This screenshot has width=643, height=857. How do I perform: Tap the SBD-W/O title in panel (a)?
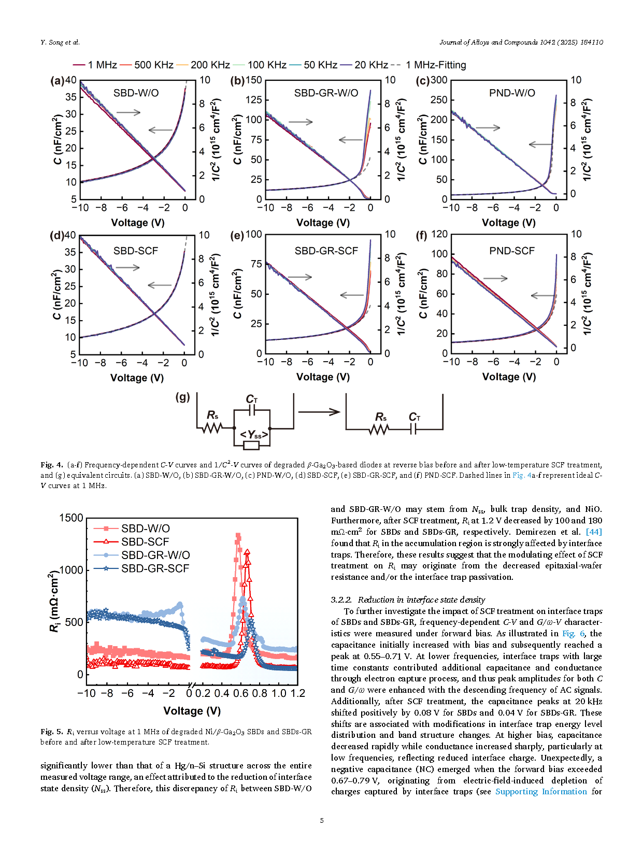click(x=136, y=93)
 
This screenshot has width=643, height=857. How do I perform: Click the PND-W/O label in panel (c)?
click(x=512, y=93)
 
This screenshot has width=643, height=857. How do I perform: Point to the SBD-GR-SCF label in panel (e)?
click(x=326, y=251)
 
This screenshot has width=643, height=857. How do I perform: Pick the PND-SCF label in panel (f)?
click(x=512, y=251)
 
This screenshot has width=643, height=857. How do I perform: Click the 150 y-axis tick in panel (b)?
click(x=254, y=80)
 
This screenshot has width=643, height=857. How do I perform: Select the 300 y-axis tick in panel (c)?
click(x=439, y=80)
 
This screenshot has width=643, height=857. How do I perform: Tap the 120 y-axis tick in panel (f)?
click(x=439, y=234)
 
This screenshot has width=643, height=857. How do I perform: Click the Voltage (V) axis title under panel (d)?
click(x=137, y=378)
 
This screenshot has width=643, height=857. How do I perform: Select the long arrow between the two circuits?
click(x=319, y=412)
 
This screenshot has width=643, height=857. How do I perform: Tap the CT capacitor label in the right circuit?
click(x=415, y=417)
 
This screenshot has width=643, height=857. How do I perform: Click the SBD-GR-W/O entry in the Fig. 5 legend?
click(x=155, y=555)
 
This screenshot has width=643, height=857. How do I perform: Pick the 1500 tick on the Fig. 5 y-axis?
click(x=71, y=518)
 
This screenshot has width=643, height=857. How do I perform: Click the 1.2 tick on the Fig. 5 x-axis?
click(x=298, y=693)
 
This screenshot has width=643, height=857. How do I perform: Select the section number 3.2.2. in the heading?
click(x=341, y=599)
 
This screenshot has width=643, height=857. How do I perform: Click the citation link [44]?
click(x=594, y=532)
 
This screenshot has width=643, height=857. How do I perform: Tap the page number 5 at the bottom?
click(x=322, y=820)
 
